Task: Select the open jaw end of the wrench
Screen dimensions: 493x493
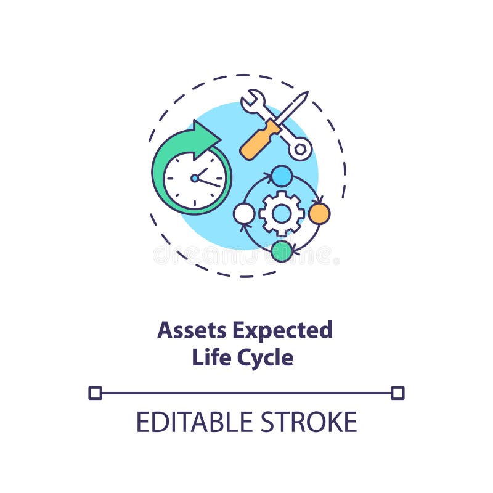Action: pyautogui.click(x=252, y=100)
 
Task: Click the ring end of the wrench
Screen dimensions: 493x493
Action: pyautogui.click(x=300, y=149)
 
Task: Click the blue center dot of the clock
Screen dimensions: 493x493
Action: pyautogui.click(x=195, y=178)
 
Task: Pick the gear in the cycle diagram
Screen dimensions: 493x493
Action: pyautogui.click(x=282, y=213)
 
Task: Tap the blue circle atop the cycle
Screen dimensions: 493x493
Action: pyautogui.click(x=282, y=176)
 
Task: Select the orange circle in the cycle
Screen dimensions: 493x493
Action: pyautogui.click(x=319, y=213)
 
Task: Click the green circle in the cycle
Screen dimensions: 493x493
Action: pyautogui.click(x=282, y=250)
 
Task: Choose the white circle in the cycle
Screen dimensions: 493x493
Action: pyautogui.click(x=244, y=213)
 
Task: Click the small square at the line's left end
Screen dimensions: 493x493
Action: pyautogui.click(x=95, y=393)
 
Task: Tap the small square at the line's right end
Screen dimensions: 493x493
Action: pyautogui.click(x=397, y=393)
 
